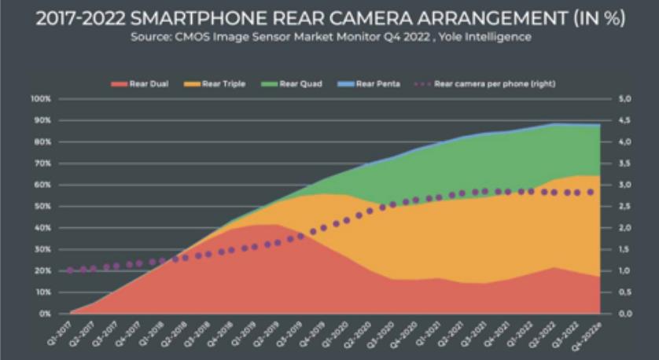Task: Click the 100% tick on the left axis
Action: [41, 99]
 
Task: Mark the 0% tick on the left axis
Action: [45, 314]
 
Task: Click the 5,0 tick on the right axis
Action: [625, 99]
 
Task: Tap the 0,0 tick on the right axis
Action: [625, 314]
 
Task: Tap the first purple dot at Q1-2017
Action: [71, 270]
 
